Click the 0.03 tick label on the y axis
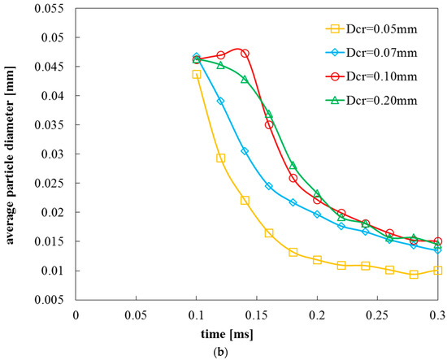click(x=58, y=154)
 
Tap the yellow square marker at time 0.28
click(x=414, y=275)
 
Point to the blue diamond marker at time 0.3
click(x=438, y=250)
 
